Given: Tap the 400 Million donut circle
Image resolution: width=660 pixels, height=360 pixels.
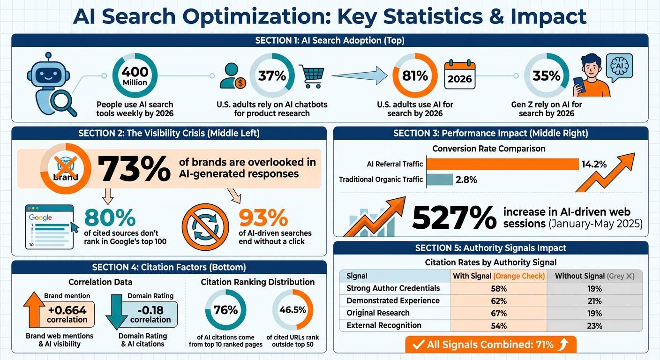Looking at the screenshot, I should pyautogui.click(x=135, y=76).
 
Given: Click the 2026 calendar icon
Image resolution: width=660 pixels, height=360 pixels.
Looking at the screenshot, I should pyautogui.click(x=459, y=75).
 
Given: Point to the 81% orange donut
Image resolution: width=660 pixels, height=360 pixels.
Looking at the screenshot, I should pyautogui.click(x=415, y=76).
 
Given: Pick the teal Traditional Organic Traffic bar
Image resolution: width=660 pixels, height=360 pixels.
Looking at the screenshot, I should pyautogui.click(x=440, y=179).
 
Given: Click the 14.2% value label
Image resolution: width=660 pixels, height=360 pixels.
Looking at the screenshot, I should pyautogui.click(x=594, y=164).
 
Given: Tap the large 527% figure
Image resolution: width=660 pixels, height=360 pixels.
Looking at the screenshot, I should pyautogui.click(x=454, y=217).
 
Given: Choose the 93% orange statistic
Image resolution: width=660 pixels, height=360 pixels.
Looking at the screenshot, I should pyautogui.click(x=263, y=217).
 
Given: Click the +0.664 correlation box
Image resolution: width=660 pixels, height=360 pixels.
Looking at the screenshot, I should pyautogui.click(x=67, y=315).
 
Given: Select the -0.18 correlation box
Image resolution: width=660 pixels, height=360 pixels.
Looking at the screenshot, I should pyautogui.click(x=150, y=315).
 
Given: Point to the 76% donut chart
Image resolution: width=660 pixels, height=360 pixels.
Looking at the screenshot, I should pyautogui.click(x=226, y=310).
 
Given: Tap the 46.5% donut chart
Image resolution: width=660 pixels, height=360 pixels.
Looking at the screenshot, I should pyautogui.click(x=292, y=310).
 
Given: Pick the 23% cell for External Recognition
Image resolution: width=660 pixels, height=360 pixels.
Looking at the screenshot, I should pyautogui.click(x=594, y=325).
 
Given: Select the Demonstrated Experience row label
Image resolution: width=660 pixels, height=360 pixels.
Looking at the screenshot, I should pyautogui.click(x=393, y=300).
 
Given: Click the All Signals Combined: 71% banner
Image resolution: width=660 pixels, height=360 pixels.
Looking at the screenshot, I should pyautogui.click(x=490, y=345).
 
